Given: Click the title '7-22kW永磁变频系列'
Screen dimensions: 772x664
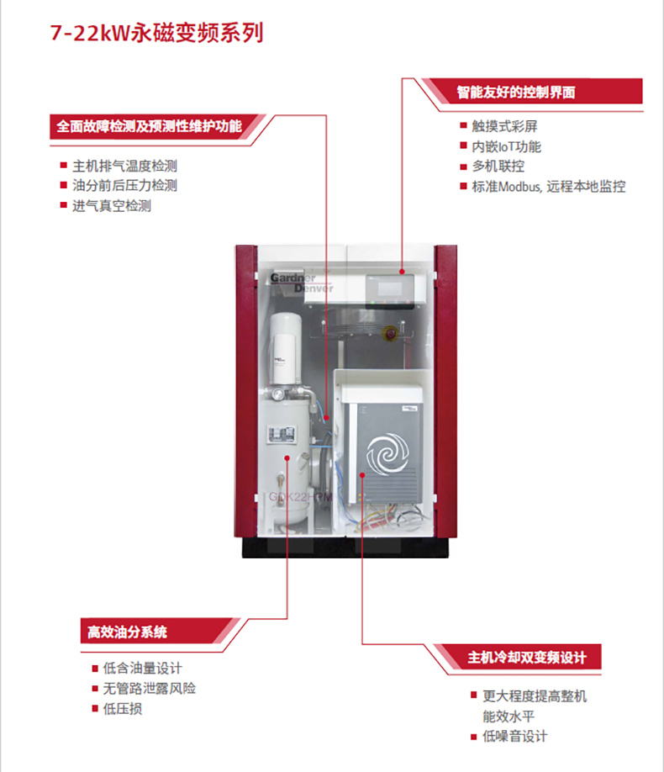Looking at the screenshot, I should [157, 34].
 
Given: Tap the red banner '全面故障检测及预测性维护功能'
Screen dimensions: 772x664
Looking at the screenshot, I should [149, 128].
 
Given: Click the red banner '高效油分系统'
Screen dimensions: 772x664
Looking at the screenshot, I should [128, 632].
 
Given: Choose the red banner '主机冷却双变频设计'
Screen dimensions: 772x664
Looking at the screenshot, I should [527, 657].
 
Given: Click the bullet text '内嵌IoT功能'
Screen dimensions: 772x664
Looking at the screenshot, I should [507, 146].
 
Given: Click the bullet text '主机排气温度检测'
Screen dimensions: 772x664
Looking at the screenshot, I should [124, 166].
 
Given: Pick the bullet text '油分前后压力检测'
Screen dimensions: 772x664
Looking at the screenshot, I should [124, 186].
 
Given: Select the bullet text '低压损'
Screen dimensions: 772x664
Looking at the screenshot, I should [123, 709].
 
